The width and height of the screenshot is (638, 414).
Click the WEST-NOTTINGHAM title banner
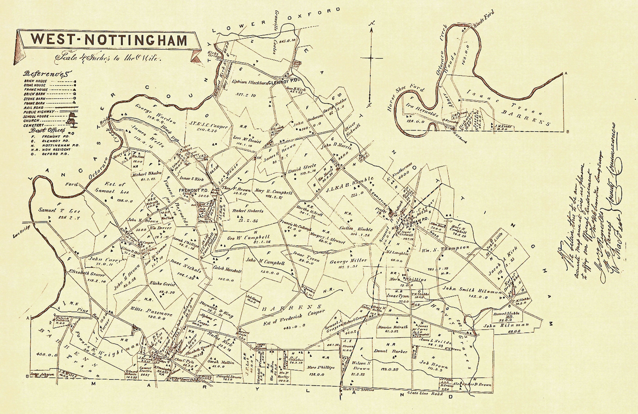click(x=109, y=40)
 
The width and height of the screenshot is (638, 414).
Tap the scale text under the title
click(x=107, y=59)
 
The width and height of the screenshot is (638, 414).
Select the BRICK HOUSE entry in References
click(x=35, y=81)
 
